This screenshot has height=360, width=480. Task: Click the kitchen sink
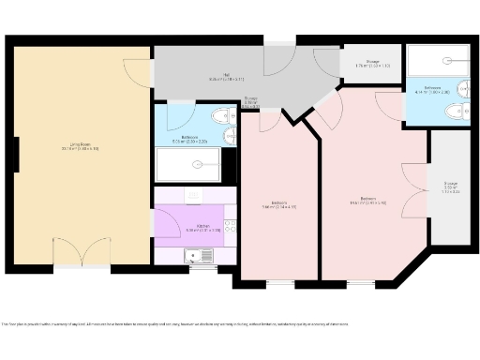200,254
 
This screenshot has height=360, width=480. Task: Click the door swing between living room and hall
138,70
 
